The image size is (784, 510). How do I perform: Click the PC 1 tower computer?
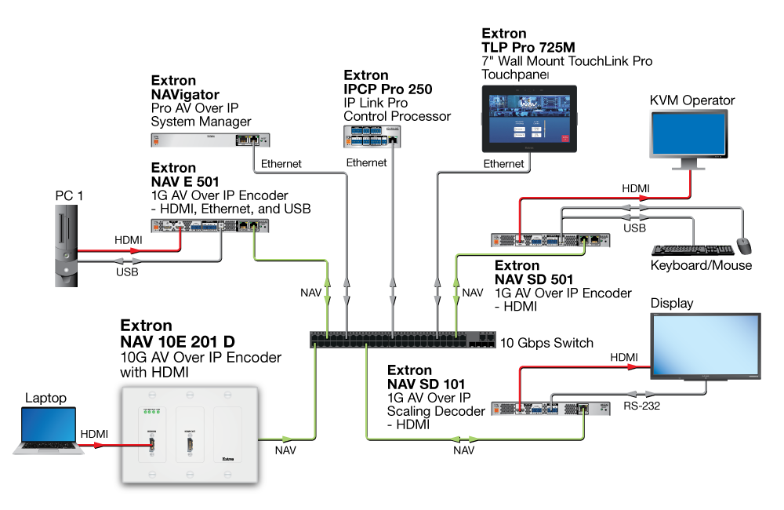(66, 243)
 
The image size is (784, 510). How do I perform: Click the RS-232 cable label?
(640, 406)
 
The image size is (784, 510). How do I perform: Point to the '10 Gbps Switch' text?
(546, 343)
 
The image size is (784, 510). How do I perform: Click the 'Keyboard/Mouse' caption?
(701, 265)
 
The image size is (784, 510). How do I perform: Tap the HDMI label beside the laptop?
(94, 434)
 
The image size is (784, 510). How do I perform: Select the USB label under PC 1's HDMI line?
(127, 273)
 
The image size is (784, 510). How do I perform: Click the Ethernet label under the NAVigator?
(281, 163)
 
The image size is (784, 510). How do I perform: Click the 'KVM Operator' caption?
(692, 100)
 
